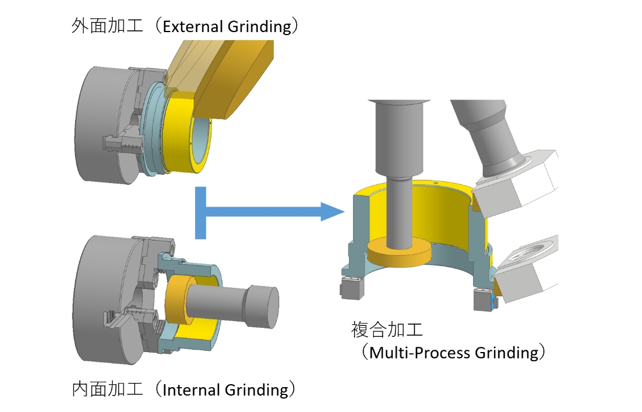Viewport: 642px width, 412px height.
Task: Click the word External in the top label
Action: click(193, 27)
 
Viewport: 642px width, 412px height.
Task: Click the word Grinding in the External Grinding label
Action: click(260, 27)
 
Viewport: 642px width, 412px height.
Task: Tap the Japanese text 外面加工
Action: click(107, 25)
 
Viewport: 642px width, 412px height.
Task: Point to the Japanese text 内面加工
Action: click(107, 388)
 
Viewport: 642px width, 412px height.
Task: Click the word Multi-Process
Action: click(420, 353)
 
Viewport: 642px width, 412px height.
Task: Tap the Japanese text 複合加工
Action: click(387, 330)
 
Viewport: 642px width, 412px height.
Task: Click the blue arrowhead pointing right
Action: click(332, 211)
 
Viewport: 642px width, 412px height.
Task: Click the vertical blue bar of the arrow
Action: click(200, 213)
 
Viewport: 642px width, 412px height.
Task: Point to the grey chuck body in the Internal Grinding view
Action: click(104, 299)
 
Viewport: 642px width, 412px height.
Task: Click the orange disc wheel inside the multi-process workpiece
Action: click(399, 253)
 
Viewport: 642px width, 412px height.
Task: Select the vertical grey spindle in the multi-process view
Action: click(399, 172)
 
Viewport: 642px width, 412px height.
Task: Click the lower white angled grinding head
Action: click(526, 268)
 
